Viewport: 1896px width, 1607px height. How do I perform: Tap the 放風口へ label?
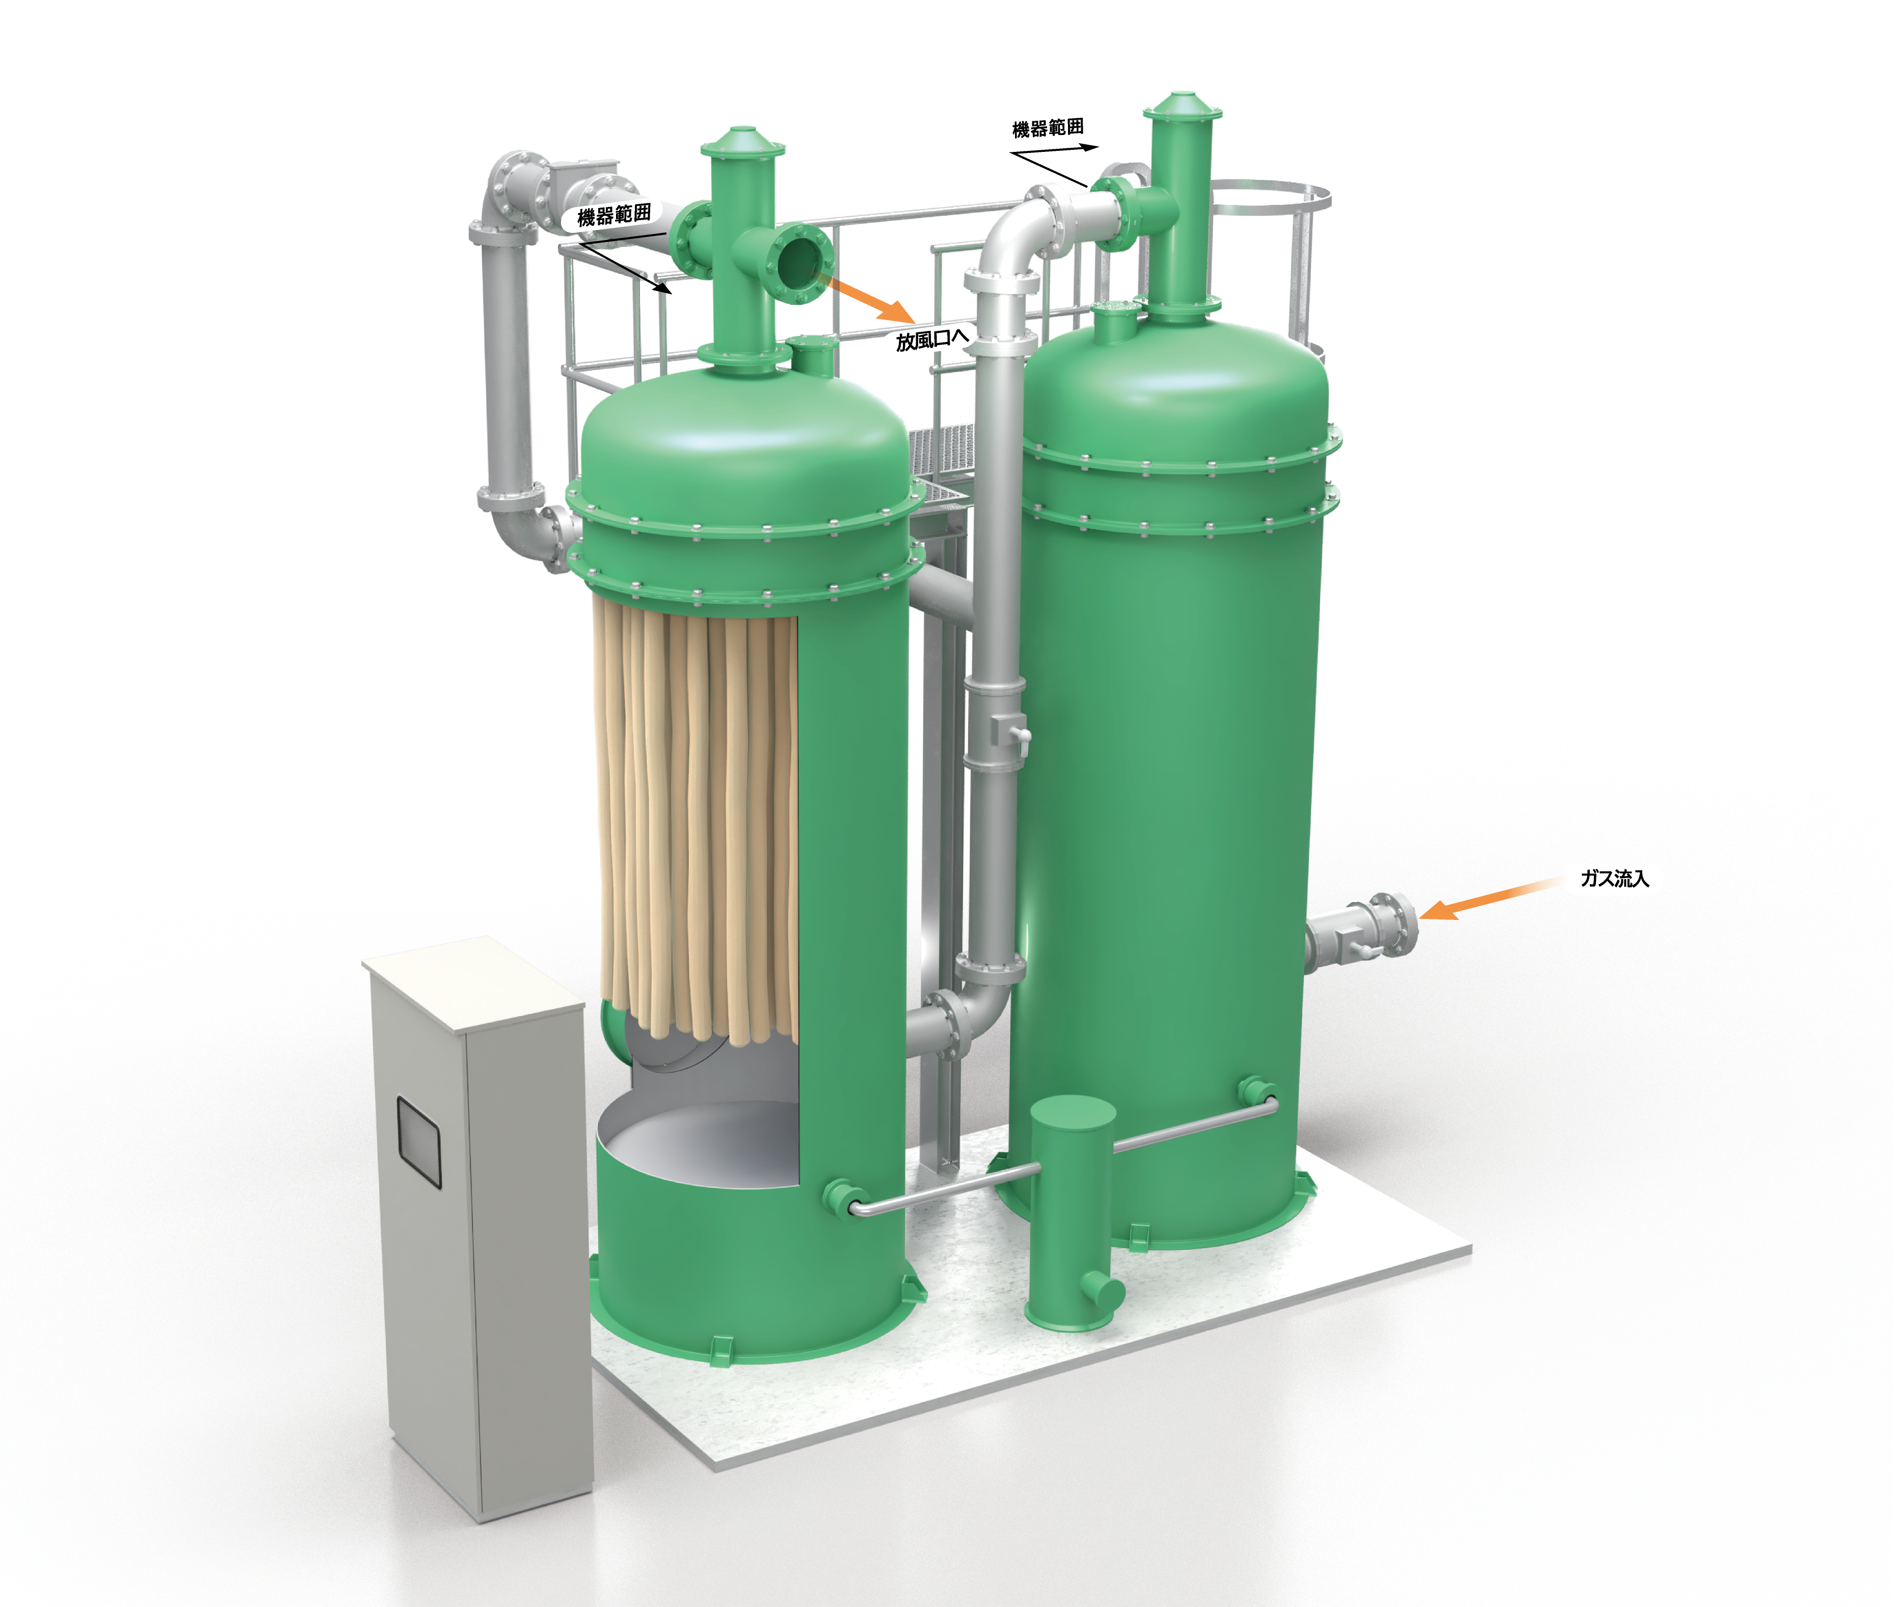[x=931, y=340]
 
